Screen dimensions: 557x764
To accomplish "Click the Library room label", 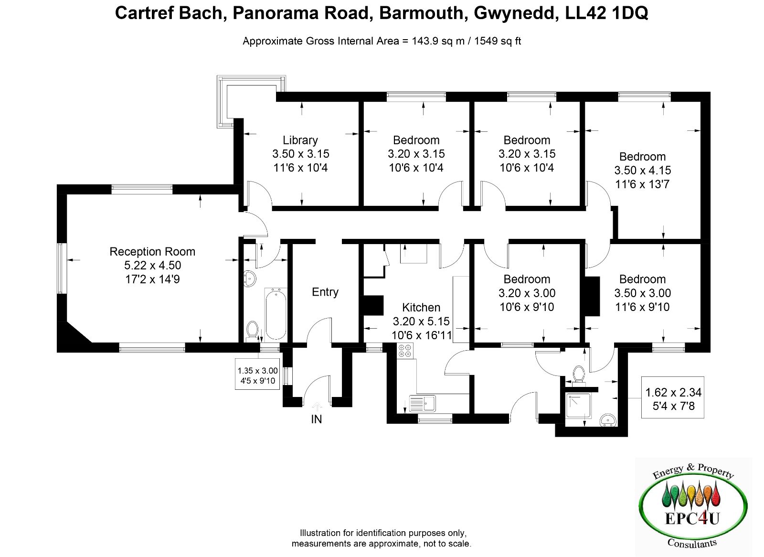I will (x=300, y=140).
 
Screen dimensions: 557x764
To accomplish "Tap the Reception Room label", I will (x=152, y=251).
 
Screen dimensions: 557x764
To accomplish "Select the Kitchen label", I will (x=421, y=307).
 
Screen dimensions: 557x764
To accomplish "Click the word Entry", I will (x=325, y=292).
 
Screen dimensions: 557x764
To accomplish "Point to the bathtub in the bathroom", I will (x=276, y=314).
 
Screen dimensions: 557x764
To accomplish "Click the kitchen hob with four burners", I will (x=405, y=351).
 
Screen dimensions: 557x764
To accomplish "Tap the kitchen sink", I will (x=422, y=403).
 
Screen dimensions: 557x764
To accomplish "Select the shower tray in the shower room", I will (x=578, y=406).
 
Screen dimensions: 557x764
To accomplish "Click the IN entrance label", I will (x=316, y=419).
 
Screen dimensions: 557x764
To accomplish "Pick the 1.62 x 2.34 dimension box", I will (x=673, y=399).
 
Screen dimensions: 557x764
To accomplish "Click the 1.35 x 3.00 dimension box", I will (x=257, y=375).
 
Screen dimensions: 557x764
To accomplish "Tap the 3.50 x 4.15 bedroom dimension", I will (x=642, y=170).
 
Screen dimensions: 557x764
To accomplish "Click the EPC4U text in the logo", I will (x=692, y=518).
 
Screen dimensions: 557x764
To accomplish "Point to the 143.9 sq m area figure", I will (x=438, y=41).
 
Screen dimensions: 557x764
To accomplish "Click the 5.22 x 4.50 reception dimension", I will (x=152, y=265).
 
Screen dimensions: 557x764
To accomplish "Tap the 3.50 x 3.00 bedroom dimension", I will (x=642, y=293).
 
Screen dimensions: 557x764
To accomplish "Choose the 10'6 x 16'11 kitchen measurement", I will (x=421, y=335).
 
